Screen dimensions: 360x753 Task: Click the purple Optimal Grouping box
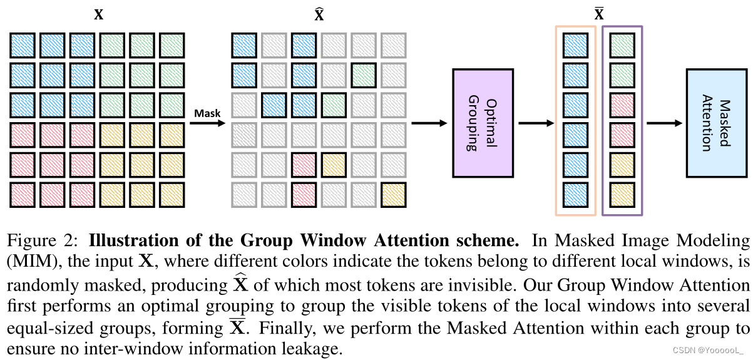pos(483,123)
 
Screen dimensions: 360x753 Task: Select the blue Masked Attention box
pos(716,122)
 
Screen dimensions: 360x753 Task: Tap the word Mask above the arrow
pos(207,113)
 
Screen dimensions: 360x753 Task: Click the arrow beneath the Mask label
pos(207,123)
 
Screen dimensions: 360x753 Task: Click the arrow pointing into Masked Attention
pos(664,123)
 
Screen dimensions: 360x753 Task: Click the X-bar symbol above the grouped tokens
pos(598,14)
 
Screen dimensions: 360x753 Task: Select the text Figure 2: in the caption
pos(44,241)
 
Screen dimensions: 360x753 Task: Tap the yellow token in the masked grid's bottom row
pos(393,194)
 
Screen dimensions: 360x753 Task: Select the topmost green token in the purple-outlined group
pos(622,45)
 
